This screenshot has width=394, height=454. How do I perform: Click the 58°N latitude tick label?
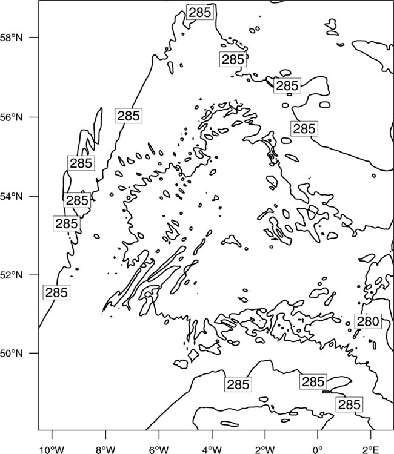point(12,38)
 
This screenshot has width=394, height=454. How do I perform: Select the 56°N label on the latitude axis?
point(12,117)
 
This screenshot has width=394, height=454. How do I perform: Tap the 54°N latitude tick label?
point(12,197)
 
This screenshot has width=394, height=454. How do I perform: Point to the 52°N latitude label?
point(12,275)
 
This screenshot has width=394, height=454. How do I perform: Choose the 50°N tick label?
point(12,354)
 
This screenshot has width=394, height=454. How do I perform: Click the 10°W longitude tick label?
point(52,450)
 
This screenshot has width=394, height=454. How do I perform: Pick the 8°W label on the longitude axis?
point(105,450)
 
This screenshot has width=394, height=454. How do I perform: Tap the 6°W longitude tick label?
point(159,450)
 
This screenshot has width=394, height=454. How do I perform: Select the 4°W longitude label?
point(212,450)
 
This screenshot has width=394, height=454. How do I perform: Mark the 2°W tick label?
point(265,450)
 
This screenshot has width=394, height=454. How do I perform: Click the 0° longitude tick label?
point(318,450)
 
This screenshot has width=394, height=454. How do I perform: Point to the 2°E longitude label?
point(371,450)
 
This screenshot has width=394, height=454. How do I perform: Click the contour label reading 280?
point(368,321)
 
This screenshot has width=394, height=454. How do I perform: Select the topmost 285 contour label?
point(200,13)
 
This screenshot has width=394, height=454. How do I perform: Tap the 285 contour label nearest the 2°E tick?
point(349,404)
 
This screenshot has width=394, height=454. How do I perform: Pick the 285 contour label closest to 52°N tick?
point(56,292)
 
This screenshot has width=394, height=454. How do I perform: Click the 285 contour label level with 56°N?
point(129,116)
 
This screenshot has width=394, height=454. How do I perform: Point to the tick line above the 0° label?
point(318,435)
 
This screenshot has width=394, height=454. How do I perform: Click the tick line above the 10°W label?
point(52,435)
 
